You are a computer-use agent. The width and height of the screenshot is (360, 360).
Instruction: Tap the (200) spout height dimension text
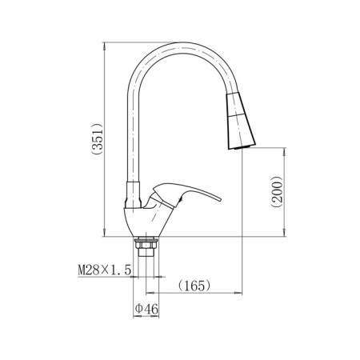tap(274, 192)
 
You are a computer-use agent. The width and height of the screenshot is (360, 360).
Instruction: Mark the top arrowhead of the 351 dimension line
tap(106, 46)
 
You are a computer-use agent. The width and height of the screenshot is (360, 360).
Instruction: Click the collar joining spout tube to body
tap(137, 193)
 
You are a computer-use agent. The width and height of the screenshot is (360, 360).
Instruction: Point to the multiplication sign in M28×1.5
tap(107, 271)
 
